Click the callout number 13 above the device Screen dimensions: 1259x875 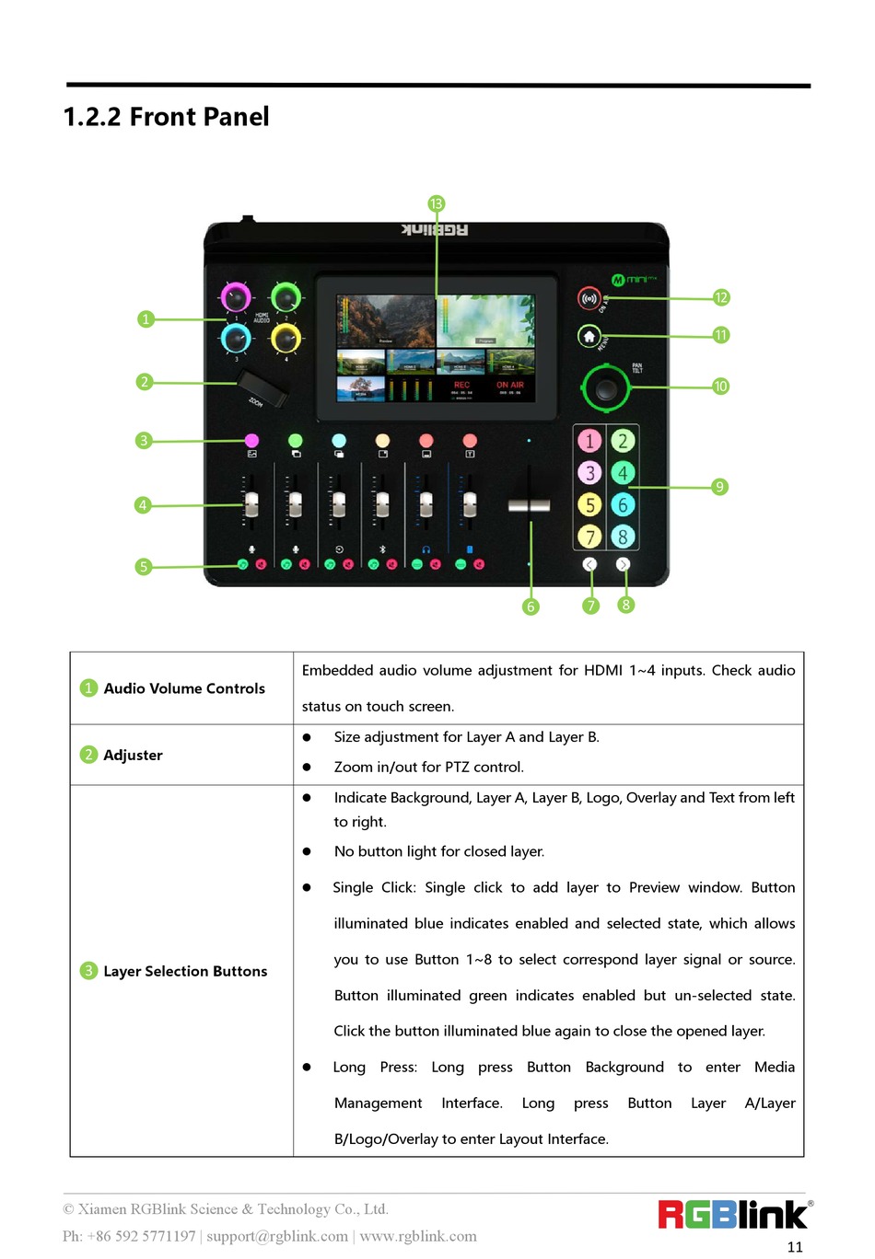click(x=437, y=203)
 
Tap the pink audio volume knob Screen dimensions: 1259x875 click(x=236, y=297)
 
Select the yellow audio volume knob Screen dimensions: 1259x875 click(x=286, y=339)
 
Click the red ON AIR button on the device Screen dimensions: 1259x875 click(x=589, y=298)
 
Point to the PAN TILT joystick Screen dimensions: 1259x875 click(x=606, y=387)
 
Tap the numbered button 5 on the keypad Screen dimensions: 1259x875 click(x=589, y=504)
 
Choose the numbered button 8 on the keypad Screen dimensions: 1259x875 click(x=623, y=536)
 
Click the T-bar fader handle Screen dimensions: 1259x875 click(x=529, y=505)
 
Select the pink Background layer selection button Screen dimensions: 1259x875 click(x=251, y=441)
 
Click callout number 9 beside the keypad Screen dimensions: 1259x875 click(x=719, y=487)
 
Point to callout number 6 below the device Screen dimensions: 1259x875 click(x=531, y=606)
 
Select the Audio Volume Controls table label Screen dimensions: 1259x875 click(x=184, y=688)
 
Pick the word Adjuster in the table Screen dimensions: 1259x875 click(x=133, y=755)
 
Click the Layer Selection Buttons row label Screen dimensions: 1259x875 click(x=185, y=971)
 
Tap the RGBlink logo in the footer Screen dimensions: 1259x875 click(x=734, y=1215)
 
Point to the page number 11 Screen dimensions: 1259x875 click(x=795, y=1247)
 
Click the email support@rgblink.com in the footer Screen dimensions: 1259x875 click(x=277, y=1236)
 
